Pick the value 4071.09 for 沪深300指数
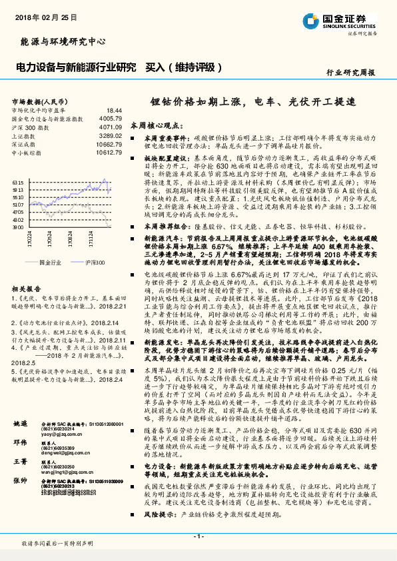pyautogui.click(x=110, y=127)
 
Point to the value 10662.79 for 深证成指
pyautogui.click(x=109, y=144)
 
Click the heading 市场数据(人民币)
pyautogui.click(x=39, y=101)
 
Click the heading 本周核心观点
pyautogui.click(x=155, y=125)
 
